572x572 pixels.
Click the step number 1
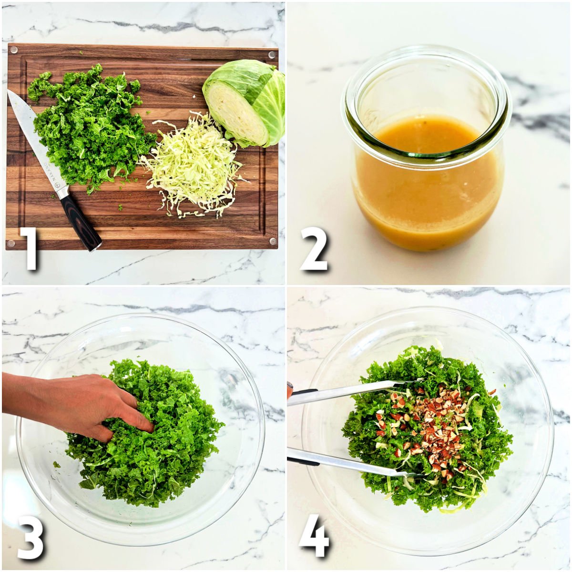[31, 249]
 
